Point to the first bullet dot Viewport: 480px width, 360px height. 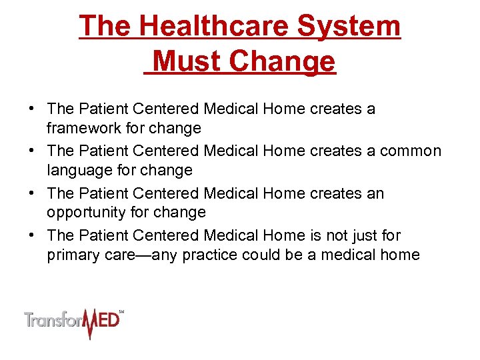(31, 109)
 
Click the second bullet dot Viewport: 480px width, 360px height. (31, 151)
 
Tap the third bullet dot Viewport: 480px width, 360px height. (31, 194)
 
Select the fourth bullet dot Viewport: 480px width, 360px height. (31, 236)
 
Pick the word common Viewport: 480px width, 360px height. (410, 151)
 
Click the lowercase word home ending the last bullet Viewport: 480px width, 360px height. (397, 255)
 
